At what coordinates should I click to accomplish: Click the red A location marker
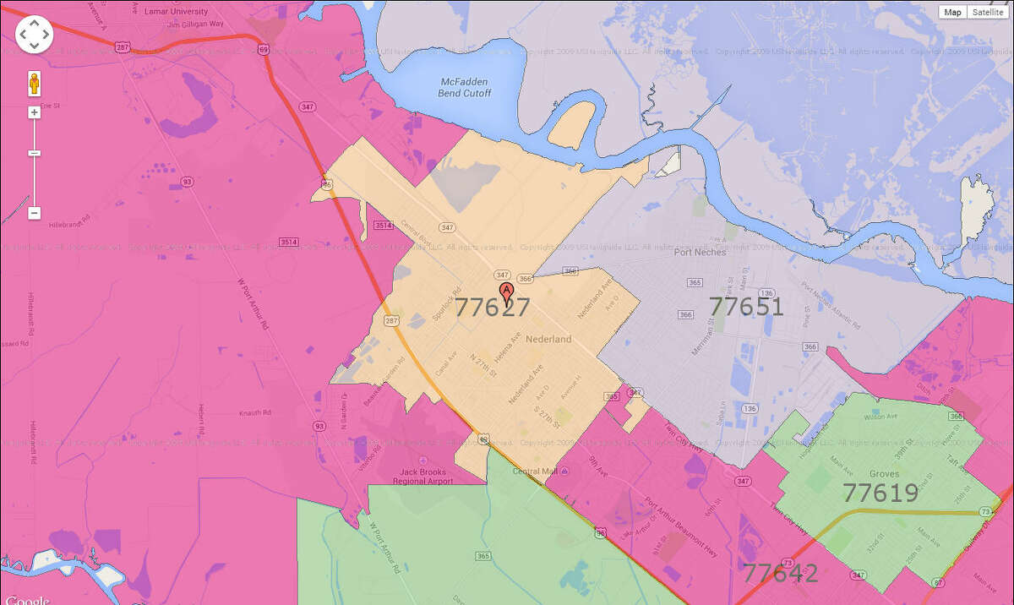click(x=507, y=293)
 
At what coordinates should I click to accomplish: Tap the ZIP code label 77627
click(x=493, y=308)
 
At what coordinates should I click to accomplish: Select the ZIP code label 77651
click(x=746, y=306)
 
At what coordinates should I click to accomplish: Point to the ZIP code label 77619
click(x=880, y=493)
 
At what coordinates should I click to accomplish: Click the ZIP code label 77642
click(x=780, y=574)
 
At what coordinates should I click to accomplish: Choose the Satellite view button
click(x=987, y=12)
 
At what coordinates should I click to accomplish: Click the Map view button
click(x=953, y=12)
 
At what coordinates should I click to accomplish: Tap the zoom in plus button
click(x=35, y=112)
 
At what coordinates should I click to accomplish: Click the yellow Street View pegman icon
click(x=35, y=84)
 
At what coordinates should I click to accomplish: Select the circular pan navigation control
click(x=34, y=34)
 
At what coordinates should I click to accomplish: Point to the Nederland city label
click(x=548, y=339)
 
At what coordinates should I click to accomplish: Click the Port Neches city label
click(x=701, y=252)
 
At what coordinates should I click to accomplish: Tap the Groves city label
click(x=884, y=474)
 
